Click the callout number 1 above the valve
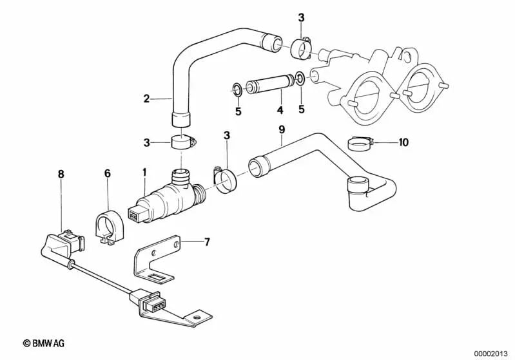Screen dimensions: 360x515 point(145,172)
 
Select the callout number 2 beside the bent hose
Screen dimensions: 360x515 point(146,99)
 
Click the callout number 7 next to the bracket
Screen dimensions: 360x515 point(207,242)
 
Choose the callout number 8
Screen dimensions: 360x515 point(61,173)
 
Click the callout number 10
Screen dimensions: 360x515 point(403,142)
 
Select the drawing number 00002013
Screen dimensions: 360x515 point(491,353)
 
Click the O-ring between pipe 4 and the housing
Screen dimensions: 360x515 point(300,79)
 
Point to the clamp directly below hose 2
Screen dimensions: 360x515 point(182,140)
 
